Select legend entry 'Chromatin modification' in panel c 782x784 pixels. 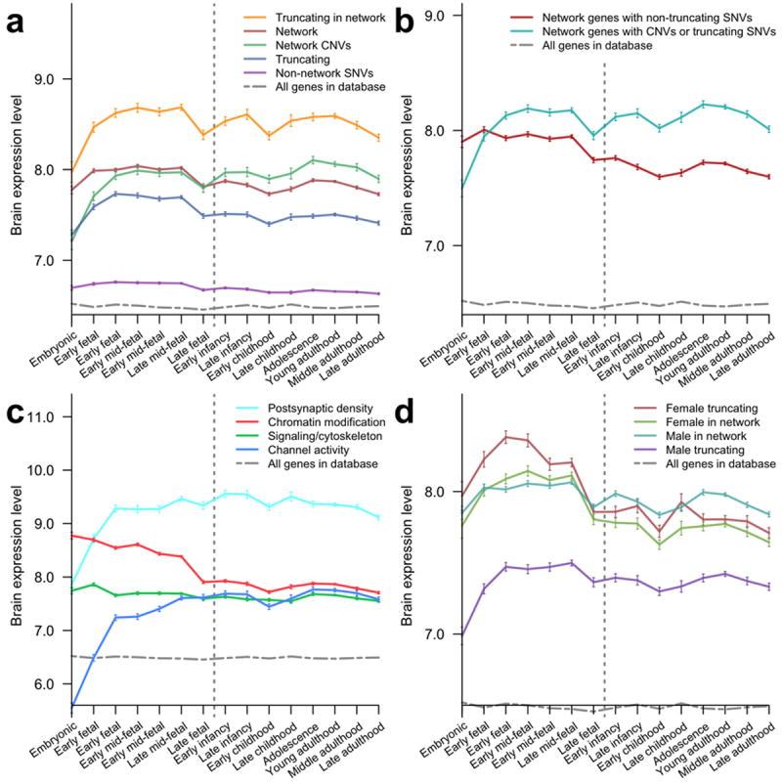click(x=315, y=421)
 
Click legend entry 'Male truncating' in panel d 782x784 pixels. click(x=704, y=449)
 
